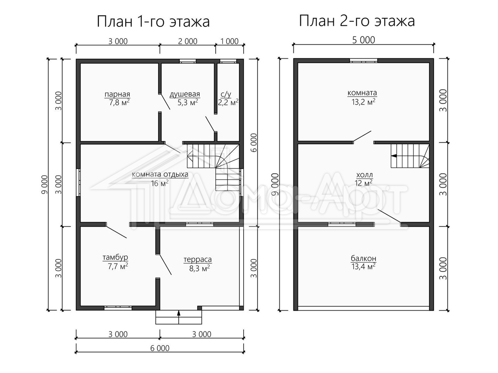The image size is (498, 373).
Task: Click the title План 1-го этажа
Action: point(153,22)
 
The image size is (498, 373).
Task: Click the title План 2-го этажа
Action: point(357,21)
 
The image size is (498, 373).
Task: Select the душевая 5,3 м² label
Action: point(185,98)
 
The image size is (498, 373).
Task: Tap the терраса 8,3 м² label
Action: point(198,264)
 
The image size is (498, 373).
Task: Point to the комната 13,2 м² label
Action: point(362,97)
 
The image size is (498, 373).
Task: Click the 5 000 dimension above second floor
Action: point(364,40)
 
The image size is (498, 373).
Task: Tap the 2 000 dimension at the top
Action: point(188,41)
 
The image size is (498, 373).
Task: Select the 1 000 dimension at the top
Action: point(229,41)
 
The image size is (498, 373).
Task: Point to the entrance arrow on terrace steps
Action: point(178,317)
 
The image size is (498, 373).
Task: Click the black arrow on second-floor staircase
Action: point(394,156)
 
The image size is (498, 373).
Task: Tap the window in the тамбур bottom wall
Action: point(118,308)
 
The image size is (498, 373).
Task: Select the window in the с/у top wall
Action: point(228,61)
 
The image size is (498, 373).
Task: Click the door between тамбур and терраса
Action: point(164,264)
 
